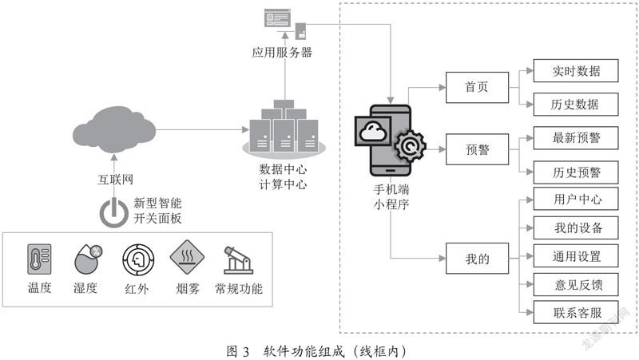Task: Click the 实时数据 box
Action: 576,70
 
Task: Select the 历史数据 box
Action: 576,105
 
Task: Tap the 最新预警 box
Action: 576,138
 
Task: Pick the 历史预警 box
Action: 576,172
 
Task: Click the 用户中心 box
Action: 576,199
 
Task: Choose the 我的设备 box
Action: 576,227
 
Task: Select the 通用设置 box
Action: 576,255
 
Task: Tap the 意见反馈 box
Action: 576,284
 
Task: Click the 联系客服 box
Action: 576,312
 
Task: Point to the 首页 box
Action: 477,87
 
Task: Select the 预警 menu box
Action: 477,149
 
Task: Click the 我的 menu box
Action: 477,258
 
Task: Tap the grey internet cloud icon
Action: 114,129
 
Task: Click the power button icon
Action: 114,212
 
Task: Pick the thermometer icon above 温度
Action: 39,259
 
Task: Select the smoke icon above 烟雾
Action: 187,257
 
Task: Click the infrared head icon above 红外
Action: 138,259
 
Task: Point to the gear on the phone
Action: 410,145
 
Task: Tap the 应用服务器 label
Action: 282,52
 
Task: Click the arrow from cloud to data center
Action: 203,129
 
